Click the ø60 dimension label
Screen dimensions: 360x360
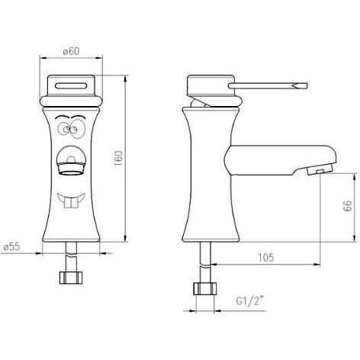pyautogui.click(x=71, y=50)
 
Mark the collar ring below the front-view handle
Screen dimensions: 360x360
pyautogui.click(x=70, y=98)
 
